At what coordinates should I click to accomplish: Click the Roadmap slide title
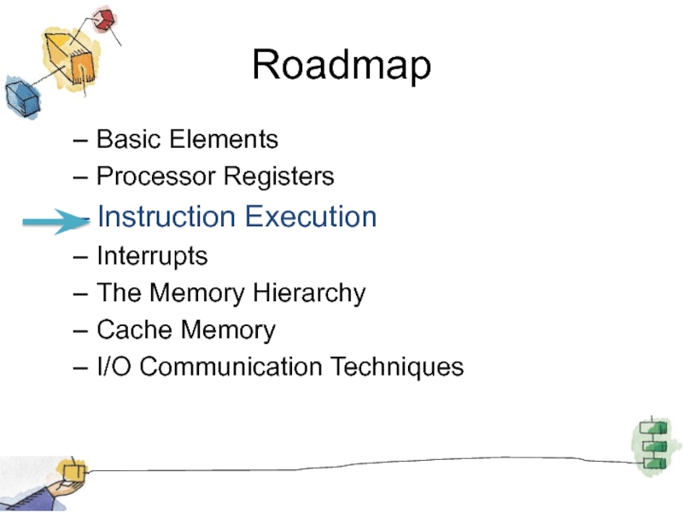point(341,65)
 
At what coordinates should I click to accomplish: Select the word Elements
point(224,139)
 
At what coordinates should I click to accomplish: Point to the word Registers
point(279,177)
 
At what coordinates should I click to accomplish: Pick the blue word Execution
point(311,217)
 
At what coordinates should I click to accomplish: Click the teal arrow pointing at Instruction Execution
point(56,222)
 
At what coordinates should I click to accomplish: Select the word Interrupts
point(152,256)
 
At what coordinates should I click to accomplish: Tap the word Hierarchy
point(309,294)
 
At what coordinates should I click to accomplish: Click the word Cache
point(134,329)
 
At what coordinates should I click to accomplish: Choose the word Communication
point(231,367)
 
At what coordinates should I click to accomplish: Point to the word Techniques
point(397,368)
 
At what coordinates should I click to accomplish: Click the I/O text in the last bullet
point(114,367)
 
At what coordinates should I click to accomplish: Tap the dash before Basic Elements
point(80,141)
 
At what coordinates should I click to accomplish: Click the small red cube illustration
point(105,20)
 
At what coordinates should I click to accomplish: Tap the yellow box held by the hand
point(73,473)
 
